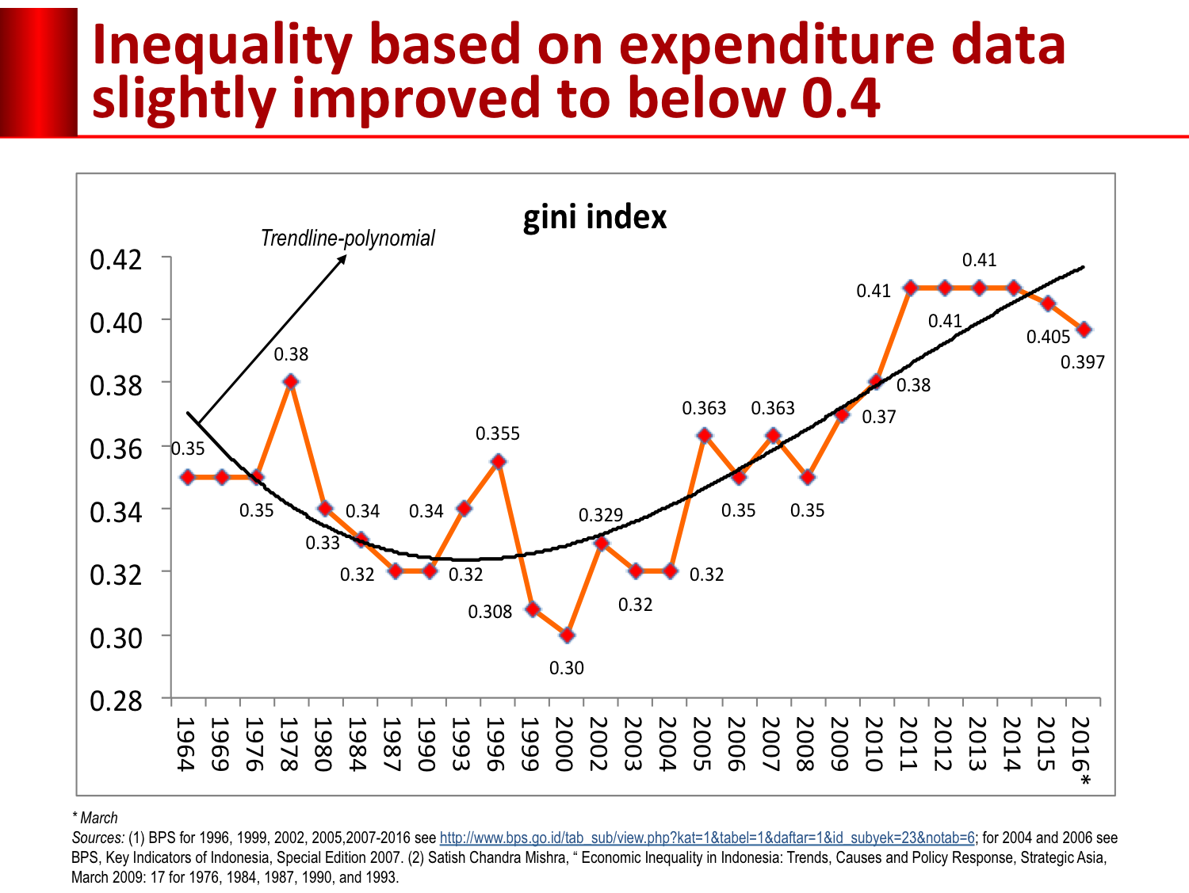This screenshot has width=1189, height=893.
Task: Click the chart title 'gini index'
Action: (x=594, y=217)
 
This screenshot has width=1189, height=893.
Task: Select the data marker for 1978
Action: (x=291, y=382)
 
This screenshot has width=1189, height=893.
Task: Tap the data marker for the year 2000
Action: (x=567, y=635)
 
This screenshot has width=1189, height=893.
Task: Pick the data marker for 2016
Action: (x=1084, y=330)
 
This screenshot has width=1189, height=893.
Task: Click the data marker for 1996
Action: (x=498, y=461)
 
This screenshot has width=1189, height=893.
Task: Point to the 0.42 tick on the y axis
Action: (x=116, y=259)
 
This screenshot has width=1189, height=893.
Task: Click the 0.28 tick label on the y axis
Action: (x=116, y=700)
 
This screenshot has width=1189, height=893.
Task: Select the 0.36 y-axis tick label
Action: (x=116, y=448)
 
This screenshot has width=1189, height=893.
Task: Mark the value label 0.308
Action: (x=490, y=612)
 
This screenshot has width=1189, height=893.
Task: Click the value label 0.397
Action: (x=1082, y=362)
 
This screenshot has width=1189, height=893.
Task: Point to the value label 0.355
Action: (x=498, y=433)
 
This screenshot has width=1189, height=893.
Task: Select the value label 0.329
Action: (x=601, y=515)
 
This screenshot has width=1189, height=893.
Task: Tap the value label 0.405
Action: (x=1048, y=337)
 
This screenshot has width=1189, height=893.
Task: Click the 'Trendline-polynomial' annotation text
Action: (x=348, y=238)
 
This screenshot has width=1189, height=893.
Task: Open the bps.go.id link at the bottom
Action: (x=707, y=838)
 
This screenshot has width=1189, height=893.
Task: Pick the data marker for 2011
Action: (x=911, y=288)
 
